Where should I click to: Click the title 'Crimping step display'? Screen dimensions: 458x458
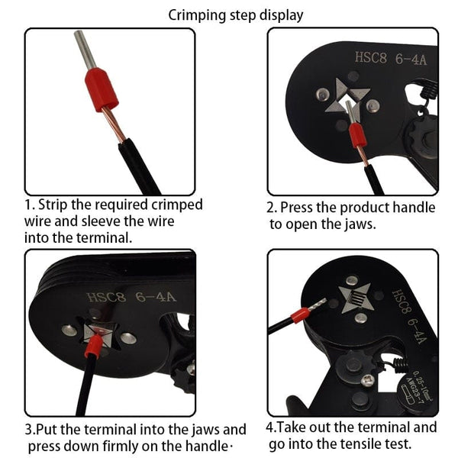pyautogui.click(x=235, y=15)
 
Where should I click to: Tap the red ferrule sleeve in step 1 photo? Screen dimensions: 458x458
pyautogui.click(x=102, y=90)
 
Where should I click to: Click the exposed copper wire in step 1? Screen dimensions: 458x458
pyautogui.click(x=114, y=124)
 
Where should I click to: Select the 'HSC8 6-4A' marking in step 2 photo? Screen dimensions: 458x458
pyautogui.click(x=391, y=59)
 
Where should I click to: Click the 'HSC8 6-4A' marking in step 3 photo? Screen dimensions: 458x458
pyautogui.click(x=131, y=298)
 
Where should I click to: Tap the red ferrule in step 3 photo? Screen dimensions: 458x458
pyautogui.click(x=93, y=347)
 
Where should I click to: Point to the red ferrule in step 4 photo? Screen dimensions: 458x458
pyautogui.click(x=300, y=315)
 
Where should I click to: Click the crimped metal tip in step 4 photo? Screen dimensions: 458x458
pyautogui.click(x=317, y=305)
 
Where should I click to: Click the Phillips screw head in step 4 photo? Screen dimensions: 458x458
pyautogui.click(x=368, y=381)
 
